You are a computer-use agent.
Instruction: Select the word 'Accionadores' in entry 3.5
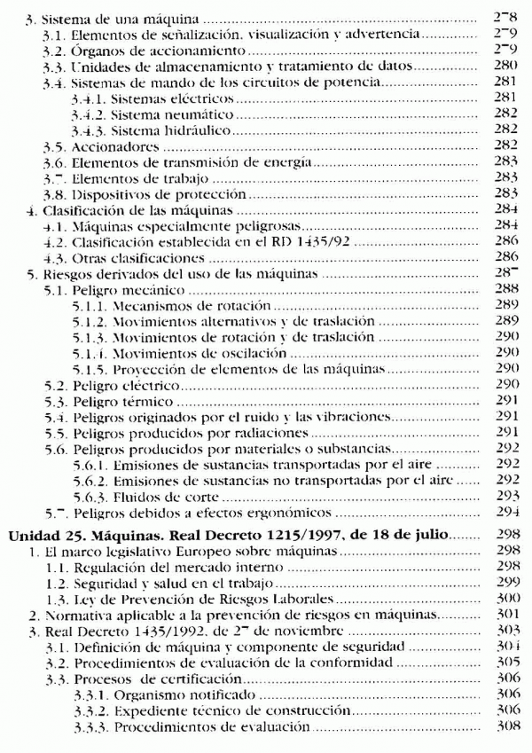tap(110, 145)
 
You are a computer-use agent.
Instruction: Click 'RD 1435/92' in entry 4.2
tap(296, 241)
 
